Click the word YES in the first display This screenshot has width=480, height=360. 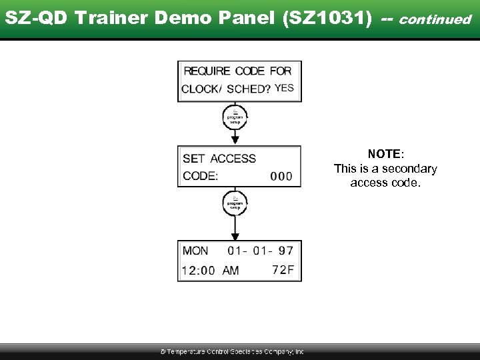[285, 88]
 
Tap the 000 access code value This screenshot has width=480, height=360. [281, 176]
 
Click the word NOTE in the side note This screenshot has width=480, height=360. [383, 155]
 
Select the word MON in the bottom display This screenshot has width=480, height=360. [195, 251]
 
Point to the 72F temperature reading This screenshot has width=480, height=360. [283, 270]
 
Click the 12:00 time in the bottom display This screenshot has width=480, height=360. [198, 271]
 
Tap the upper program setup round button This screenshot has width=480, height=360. [235, 116]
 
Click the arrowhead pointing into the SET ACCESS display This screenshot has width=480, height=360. [235, 139]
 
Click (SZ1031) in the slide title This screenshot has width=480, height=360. [327, 19]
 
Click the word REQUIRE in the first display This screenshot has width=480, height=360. [207, 71]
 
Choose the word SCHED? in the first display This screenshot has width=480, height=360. [248, 89]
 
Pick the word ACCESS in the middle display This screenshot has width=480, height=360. [233, 159]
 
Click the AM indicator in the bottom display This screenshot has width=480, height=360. [231, 271]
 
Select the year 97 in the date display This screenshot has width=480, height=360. [286, 251]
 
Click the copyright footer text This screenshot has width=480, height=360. [231, 351]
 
